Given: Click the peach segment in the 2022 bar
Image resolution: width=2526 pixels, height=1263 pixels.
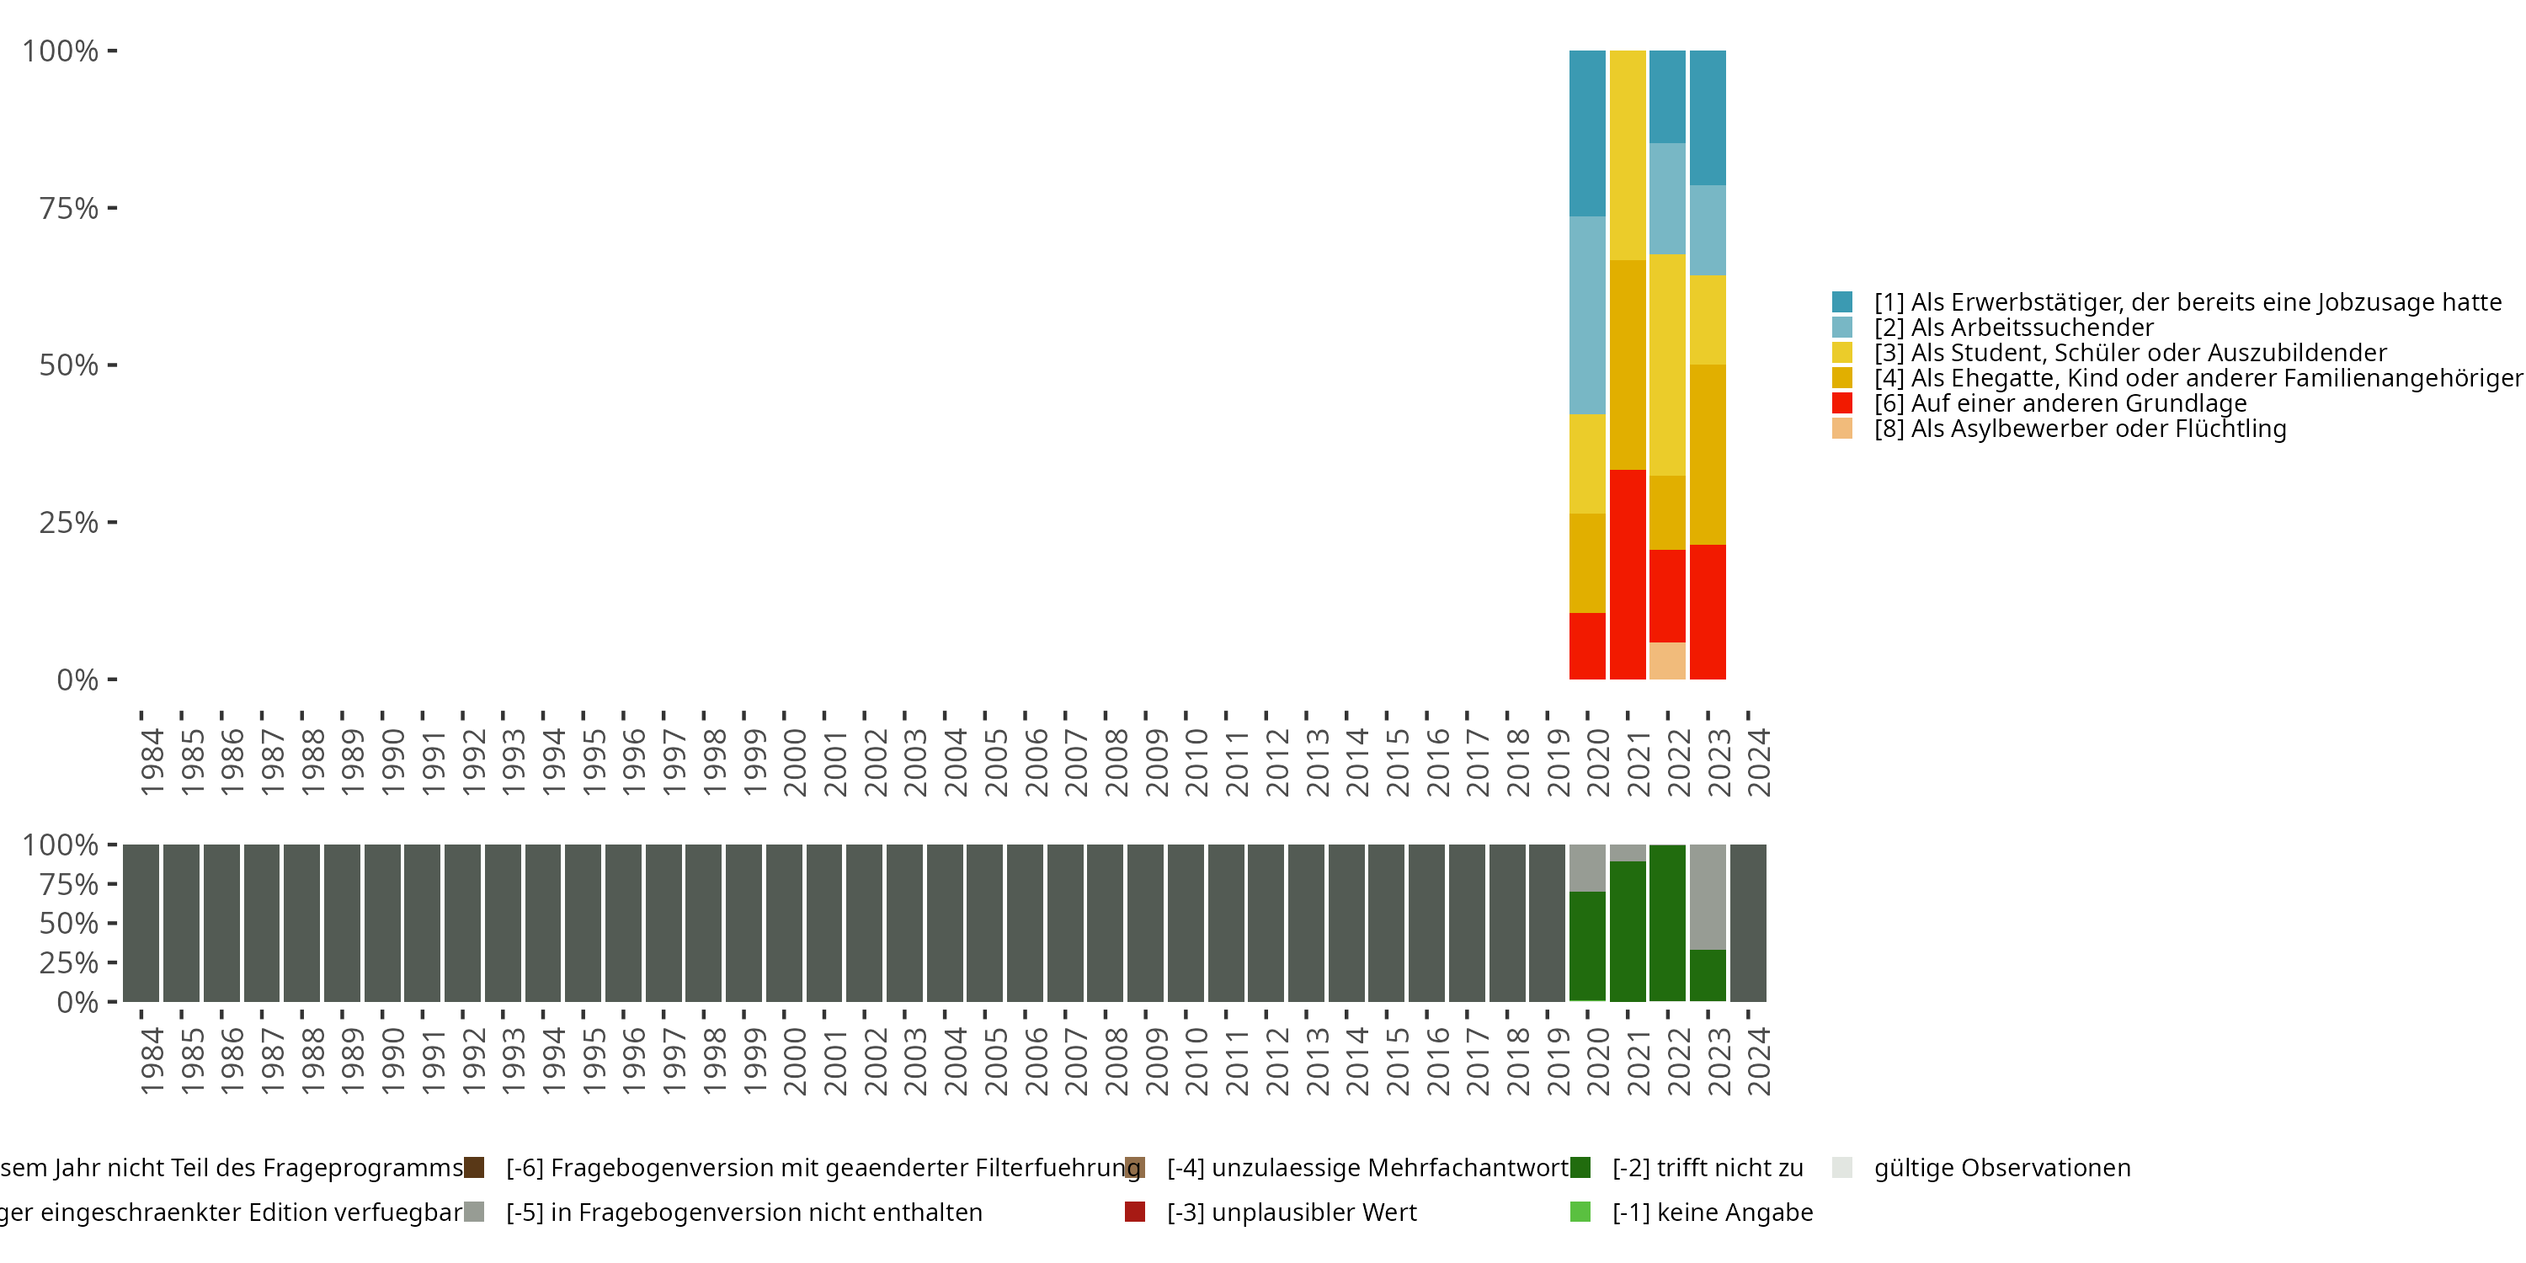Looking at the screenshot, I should coord(1667,660).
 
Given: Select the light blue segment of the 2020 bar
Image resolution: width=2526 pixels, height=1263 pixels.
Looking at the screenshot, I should coord(1586,315).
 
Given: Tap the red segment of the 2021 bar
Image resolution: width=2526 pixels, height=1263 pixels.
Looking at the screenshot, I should coord(1627,573).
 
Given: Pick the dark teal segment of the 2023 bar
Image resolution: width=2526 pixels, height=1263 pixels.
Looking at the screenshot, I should coord(1708,118).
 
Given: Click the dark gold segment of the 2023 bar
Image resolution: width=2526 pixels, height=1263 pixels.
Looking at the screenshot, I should coord(1708,454).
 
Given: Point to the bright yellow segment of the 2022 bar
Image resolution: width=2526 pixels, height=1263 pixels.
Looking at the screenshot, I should coord(1667,365).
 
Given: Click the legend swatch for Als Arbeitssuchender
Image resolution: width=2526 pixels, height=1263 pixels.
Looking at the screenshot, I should coord(1841,328).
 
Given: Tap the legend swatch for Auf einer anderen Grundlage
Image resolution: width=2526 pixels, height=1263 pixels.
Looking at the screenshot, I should coord(1841,403).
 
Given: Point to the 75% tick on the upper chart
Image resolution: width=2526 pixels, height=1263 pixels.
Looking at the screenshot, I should coord(112,208).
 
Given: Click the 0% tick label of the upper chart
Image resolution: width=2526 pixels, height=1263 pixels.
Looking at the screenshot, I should coord(77,679).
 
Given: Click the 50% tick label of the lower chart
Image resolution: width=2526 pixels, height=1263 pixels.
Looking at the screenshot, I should coord(69,923).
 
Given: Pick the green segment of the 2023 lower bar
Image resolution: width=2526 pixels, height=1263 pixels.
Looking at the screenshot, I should coord(1708,975).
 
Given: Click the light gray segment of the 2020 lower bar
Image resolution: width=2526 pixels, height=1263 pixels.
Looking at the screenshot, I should coord(1586,868).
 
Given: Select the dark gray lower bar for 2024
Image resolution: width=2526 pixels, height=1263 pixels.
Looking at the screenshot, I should coord(1747,923).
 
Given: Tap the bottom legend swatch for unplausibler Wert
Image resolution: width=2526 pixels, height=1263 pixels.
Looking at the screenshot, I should coord(1134,1212).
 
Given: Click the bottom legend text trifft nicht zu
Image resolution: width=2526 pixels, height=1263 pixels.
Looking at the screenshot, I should coord(1708,1168).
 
